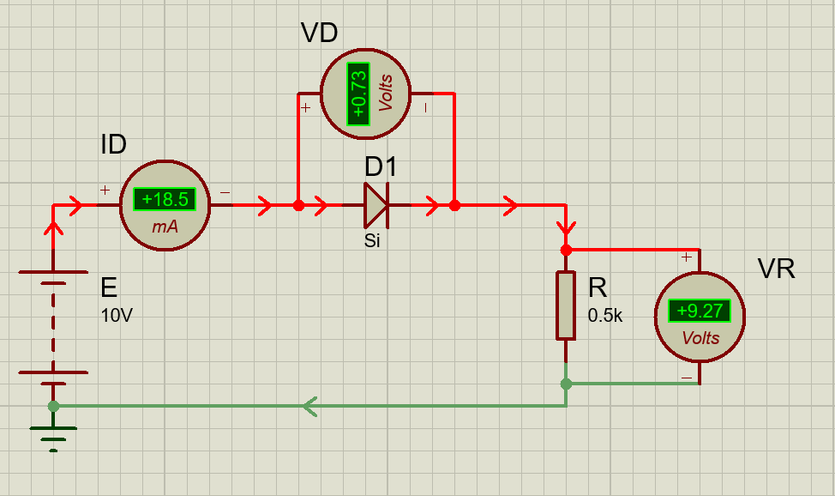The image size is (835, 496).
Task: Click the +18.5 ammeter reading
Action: pyautogui.click(x=165, y=200)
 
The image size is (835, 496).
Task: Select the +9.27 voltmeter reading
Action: pyautogui.click(x=699, y=311)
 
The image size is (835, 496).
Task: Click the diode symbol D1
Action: pyautogui.click(x=375, y=206)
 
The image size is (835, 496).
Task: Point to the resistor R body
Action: pyautogui.click(x=565, y=305)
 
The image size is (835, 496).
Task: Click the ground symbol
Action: pyautogui.click(x=53, y=434)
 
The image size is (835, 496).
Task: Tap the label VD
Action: pyautogui.click(x=319, y=34)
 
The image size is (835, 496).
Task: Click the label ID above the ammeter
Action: pyautogui.click(x=114, y=145)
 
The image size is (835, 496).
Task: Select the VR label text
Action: pyautogui.click(x=776, y=269)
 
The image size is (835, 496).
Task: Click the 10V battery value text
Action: pyautogui.click(x=117, y=316)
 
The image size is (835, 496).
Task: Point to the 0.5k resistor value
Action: pyautogui.click(x=605, y=316)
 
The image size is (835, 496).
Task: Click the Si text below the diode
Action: pyautogui.click(x=372, y=241)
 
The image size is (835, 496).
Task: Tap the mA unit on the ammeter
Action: pyautogui.click(x=165, y=227)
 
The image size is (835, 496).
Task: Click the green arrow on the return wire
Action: pyautogui.click(x=309, y=406)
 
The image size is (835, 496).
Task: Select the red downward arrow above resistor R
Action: pyautogui.click(x=565, y=229)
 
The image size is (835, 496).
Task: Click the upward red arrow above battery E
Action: pyautogui.click(x=53, y=227)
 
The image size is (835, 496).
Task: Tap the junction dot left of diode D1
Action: pyautogui.click(x=298, y=206)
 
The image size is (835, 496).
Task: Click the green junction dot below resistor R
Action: pyautogui.click(x=565, y=384)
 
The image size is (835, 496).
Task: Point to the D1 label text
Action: pyautogui.click(x=381, y=166)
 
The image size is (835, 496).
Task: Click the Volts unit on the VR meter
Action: pyautogui.click(x=700, y=338)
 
